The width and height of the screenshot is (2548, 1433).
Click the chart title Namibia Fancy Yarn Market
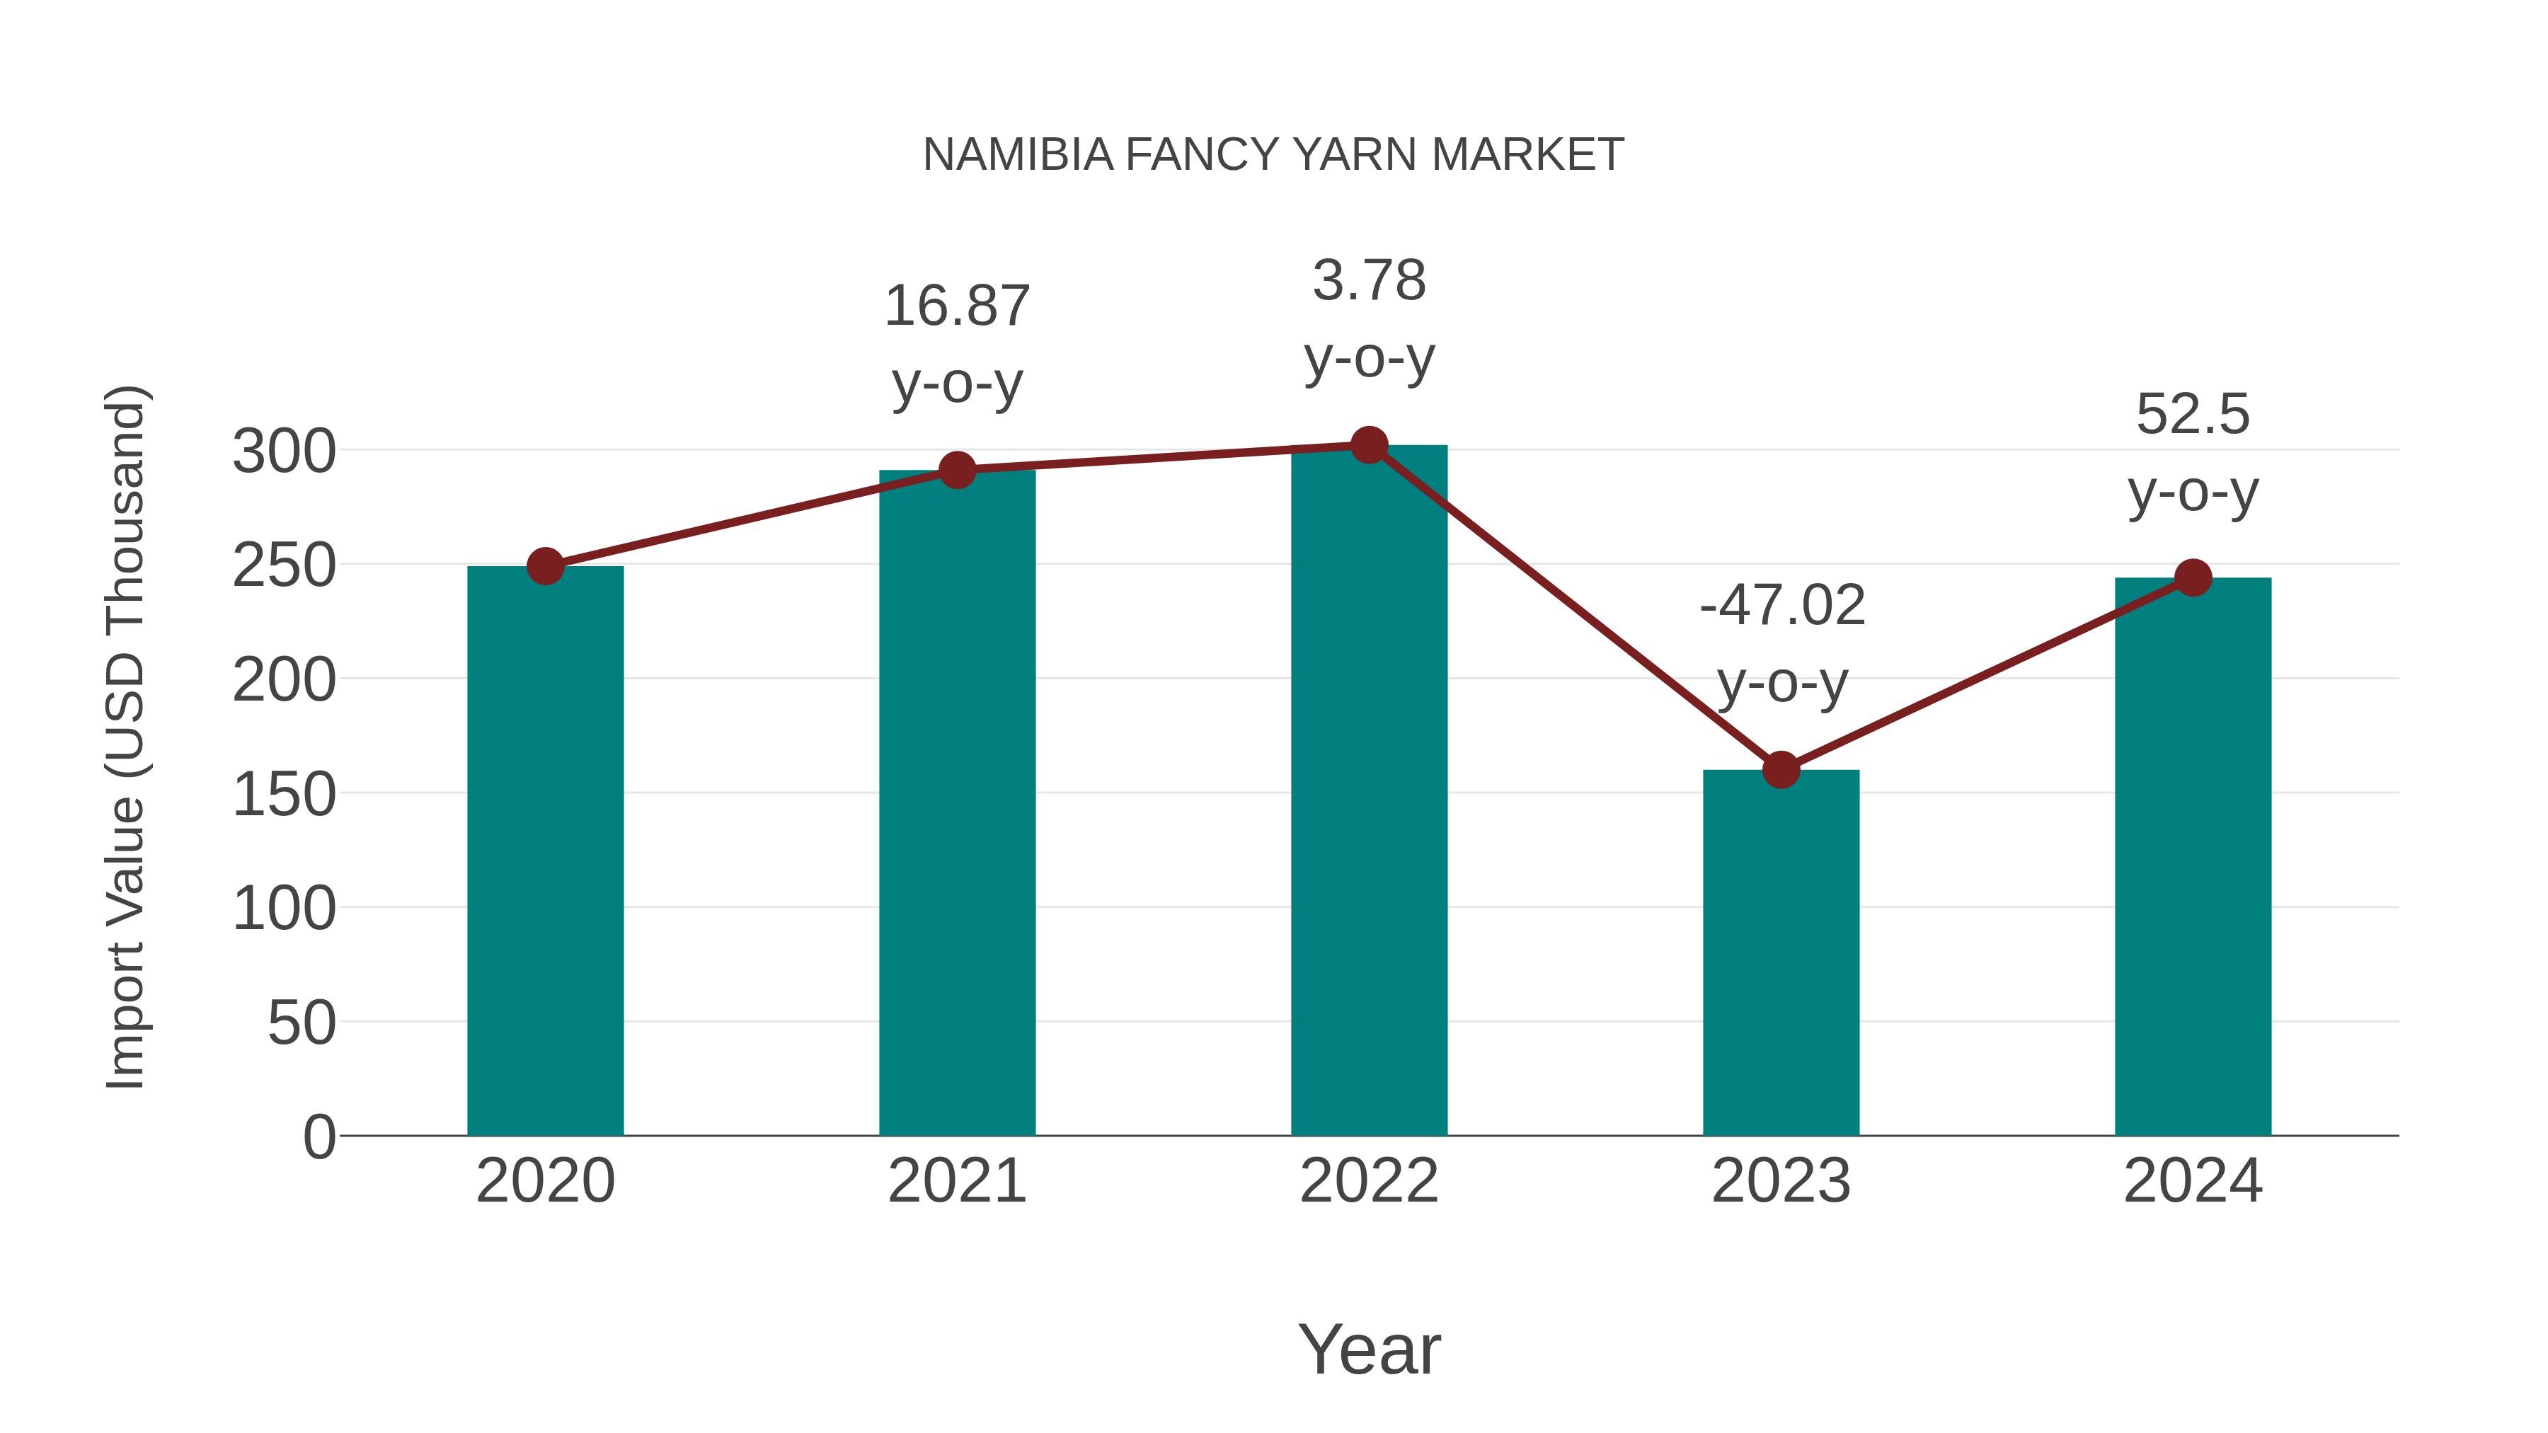tap(1273, 155)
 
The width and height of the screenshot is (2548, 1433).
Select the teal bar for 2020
tap(545, 851)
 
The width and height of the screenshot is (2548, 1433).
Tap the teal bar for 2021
tap(956, 802)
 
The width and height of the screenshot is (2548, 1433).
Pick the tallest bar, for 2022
tap(1369, 790)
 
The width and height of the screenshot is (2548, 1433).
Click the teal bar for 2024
tap(2193, 856)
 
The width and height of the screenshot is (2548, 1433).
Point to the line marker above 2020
tap(545, 567)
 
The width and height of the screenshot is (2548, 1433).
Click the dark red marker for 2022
tap(1369, 445)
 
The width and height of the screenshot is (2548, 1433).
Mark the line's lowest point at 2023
tap(1781, 769)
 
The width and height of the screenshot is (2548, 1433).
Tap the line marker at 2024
tap(2193, 577)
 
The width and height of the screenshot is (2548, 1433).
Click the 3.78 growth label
tap(1369, 281)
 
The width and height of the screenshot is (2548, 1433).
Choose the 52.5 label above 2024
tap(2193, 415)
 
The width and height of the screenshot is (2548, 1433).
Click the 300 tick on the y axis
tap(284, 452)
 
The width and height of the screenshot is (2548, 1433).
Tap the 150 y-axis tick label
tap(284, 795)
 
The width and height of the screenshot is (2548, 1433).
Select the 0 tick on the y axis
tap(318, 1137)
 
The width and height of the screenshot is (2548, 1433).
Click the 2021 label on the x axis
tap(956, 1181)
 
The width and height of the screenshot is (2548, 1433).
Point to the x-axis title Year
tap(1369, 1349)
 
